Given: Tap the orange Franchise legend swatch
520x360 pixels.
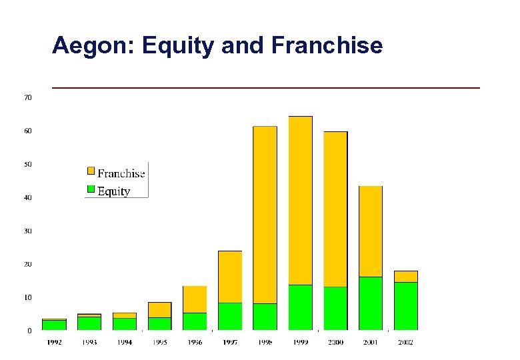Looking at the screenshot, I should click(91, 171).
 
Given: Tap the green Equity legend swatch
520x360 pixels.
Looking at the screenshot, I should click(91, 189).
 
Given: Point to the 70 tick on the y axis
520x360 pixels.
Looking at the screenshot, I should click(28, 97).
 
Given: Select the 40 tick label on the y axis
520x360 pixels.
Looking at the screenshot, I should click(28, 197).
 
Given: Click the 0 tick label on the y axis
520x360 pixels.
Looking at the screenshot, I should click(29, 331).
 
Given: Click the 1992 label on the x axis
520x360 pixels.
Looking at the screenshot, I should click(54, 343).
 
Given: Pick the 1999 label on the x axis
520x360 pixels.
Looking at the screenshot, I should click(300, 343).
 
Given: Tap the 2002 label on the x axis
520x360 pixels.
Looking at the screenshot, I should click(405, 343).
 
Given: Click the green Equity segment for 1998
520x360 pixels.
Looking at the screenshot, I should click(265, 317).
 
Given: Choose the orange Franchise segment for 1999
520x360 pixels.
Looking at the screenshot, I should click(300, 200).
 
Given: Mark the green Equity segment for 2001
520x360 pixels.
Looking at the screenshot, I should click(371, 303).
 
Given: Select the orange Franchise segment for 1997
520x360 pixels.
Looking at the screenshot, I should click(230, 277).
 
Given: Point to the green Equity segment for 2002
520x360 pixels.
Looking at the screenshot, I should click(405, 306).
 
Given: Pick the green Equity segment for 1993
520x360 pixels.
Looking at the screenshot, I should click(89, 323).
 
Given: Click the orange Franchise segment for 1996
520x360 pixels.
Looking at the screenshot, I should click(195, 299).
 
